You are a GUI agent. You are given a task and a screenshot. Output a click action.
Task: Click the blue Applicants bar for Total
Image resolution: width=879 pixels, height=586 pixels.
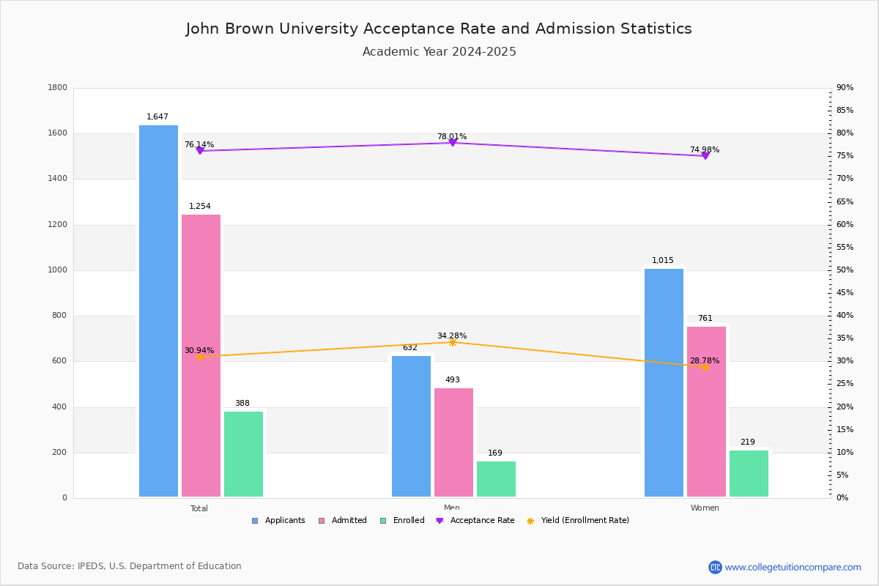pos(158,311)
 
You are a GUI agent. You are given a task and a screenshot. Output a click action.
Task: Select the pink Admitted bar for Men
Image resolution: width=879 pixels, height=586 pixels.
pos(453,442)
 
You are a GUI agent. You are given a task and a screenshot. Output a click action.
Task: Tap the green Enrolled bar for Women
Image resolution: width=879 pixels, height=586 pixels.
pos(749,473)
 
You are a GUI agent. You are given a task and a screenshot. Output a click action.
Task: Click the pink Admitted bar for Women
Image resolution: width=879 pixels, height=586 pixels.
pos(706,412)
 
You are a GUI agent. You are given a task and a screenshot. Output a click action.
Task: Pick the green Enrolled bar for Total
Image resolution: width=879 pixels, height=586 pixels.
pos(243,454)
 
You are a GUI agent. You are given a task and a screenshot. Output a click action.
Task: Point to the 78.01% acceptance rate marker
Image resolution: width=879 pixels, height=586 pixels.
pos(452,143)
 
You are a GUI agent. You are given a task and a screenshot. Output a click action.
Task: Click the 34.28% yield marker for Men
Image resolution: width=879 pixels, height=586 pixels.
pos(452,342)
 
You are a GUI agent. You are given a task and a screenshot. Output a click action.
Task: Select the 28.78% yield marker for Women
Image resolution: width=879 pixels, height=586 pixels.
pos(705,367)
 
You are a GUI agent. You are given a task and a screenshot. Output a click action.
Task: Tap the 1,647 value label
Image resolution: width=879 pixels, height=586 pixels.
pos(157,117)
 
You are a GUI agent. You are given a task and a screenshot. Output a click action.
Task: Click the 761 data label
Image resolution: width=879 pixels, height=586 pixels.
pos(705,319)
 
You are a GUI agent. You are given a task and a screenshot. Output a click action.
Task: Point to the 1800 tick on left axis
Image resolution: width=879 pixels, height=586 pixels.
pos(58,88)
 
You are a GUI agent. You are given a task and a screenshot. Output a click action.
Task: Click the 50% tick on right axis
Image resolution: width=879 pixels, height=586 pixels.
pos(845,270)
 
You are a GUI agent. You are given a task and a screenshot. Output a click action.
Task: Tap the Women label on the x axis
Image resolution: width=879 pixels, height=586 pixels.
pos(705,508)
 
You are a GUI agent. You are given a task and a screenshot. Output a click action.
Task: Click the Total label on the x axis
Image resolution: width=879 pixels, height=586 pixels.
pos(199,508)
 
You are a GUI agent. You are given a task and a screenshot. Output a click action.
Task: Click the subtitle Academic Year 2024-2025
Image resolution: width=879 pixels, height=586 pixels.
pos(439,52)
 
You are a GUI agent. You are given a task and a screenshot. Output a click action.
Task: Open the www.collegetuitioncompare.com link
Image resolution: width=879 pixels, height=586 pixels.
pos(793,567)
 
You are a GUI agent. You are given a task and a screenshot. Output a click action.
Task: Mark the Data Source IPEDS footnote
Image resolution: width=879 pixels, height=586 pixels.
pos(130,566)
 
